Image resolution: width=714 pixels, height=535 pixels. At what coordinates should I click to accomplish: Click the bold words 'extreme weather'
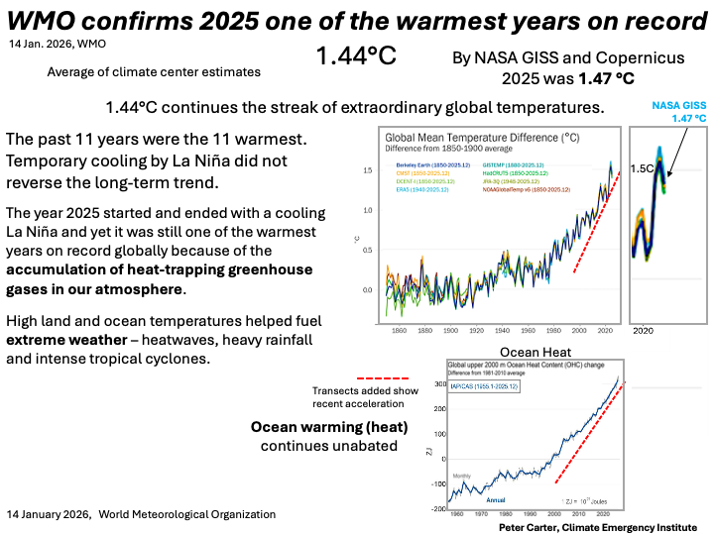click(x=62, y=339)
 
